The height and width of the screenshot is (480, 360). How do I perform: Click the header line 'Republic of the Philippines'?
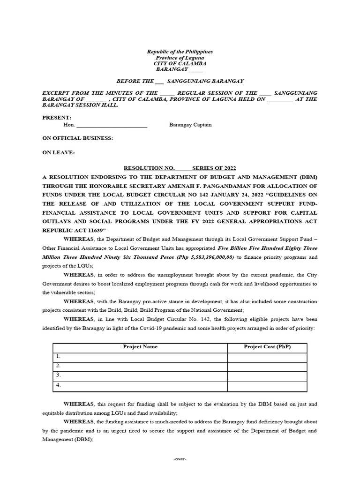coord(180,52)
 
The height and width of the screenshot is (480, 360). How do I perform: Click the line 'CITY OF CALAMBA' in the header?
coord(180,63)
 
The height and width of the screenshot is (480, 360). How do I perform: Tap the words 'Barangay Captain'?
coord(190,125)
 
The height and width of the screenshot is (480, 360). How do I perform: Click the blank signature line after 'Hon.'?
coord(112,126)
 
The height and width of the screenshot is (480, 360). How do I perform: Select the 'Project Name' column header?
coord(140,347)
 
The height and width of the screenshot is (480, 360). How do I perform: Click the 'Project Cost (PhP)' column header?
coord(267,347)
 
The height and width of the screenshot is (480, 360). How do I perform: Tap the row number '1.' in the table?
coord(59,357)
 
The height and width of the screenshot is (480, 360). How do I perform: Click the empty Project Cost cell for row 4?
coord(267,386)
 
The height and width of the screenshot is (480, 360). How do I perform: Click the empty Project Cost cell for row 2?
coord(267,366)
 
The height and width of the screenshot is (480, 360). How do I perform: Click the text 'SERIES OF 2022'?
coord(216,168)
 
